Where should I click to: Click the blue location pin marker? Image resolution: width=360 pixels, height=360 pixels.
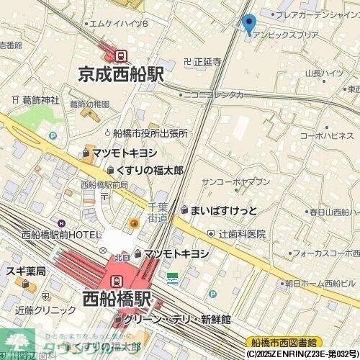[x=250, y=23]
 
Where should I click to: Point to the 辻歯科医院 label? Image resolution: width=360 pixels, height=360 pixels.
[x=243, y=234]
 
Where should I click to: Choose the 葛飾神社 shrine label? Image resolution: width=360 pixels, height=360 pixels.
[x=40, y=100]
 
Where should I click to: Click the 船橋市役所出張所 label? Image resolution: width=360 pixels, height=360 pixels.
[x=150, y=132]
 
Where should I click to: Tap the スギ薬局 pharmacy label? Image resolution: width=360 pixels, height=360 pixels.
[x=26, y=271]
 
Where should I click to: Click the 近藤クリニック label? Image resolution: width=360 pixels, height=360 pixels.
[x=45, y=310]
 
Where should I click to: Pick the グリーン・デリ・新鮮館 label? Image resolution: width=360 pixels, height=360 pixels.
[x=176, y=319]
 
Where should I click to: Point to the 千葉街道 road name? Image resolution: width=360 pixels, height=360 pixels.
[x=158, y=212]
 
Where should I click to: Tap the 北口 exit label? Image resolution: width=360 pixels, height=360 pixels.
[x=122, y=257]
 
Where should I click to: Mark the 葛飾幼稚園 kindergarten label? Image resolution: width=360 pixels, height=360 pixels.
[x=90, y=104]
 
